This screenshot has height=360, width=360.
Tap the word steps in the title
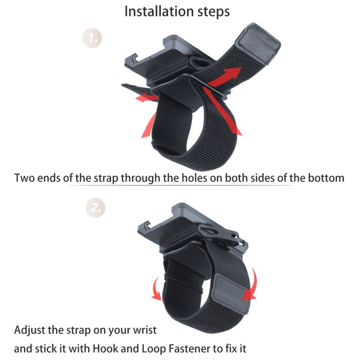pos(213,12)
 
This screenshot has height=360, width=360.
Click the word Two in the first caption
pos(26,178)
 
